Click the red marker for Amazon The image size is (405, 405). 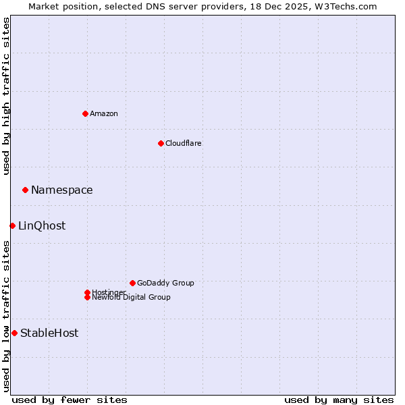(85, 113)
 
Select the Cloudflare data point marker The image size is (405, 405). (161, 143)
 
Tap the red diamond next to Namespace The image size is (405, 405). (25, 190)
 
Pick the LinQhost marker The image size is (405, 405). (12, 225)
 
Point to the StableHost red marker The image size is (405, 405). (14, 333)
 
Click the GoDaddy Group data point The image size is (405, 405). (132, 283)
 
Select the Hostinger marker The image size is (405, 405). (87, 292)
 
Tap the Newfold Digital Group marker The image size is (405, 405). (87, 297)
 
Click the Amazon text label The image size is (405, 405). (104, 113)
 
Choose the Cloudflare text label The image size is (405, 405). (184, 143)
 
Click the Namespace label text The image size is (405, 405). (62, 190)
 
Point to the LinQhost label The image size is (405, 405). (42, 226)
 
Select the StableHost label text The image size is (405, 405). (49, 333)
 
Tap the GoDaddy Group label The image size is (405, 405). (165, 283)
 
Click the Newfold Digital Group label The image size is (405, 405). (132, 298)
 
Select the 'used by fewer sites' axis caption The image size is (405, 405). (70, 400)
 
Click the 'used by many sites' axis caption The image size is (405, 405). (339, 400)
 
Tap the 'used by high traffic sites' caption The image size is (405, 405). (6, 96)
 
